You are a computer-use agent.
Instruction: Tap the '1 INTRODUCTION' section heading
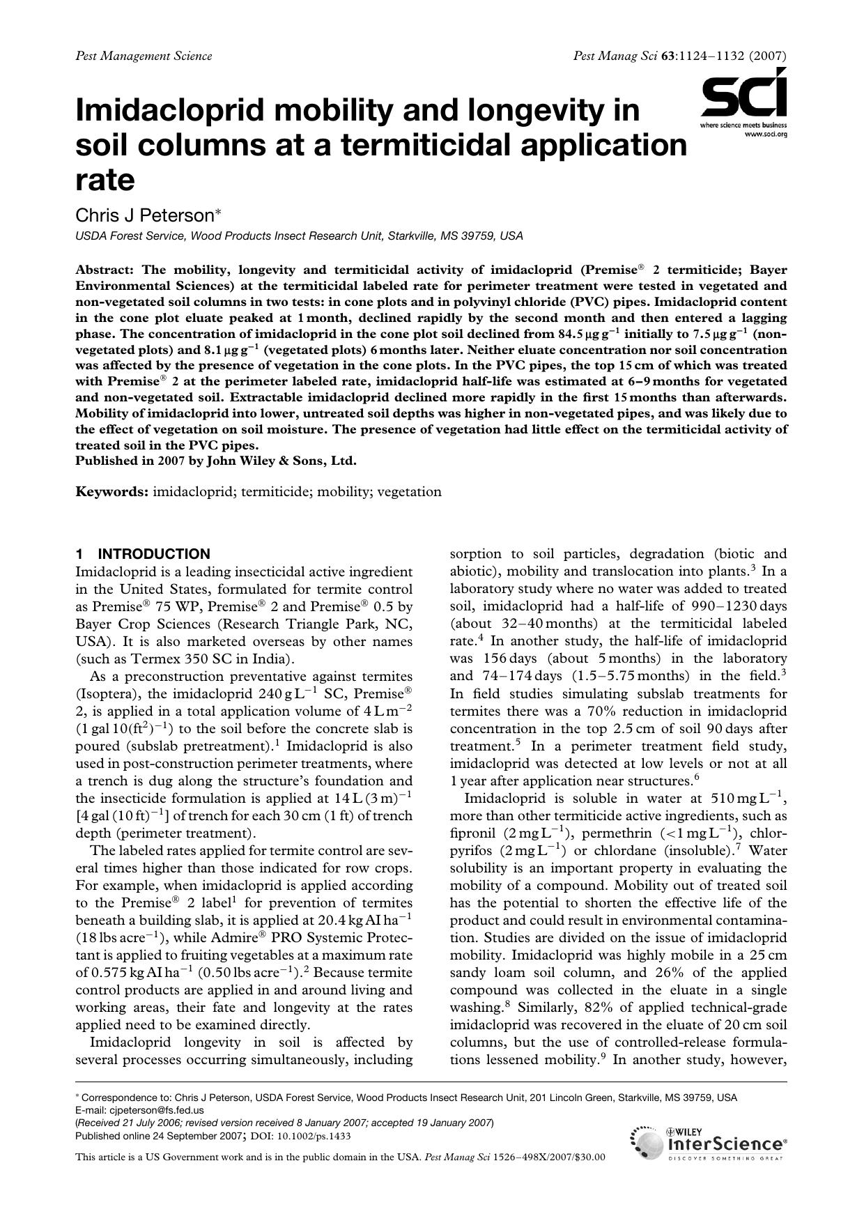(143, 554)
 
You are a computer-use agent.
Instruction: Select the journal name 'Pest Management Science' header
(144, 56)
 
